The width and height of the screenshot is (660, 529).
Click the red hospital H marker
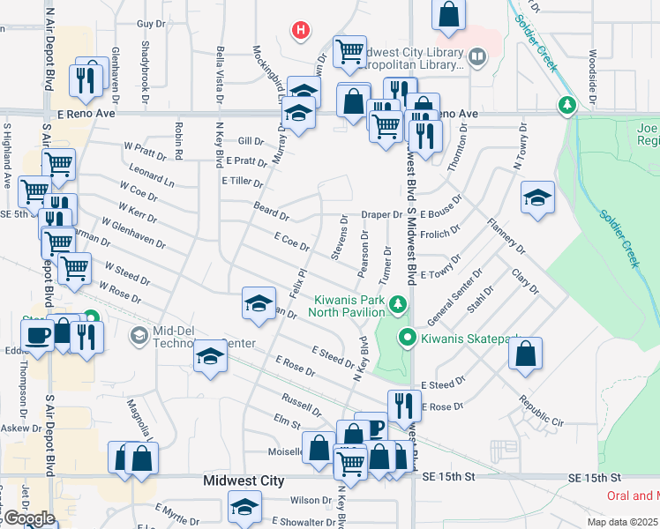[x=301, y=31]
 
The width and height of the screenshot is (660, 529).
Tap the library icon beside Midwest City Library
[x=477, y=58]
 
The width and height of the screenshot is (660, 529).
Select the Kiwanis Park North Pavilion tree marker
[x=398, y=304]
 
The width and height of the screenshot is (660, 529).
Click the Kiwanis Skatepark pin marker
[x=407, y=337]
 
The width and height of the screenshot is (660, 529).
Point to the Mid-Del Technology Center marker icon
[x=139, y=335]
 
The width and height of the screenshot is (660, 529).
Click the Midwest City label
[x=244, y=481]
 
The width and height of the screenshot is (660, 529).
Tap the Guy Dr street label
[x=152, y=24]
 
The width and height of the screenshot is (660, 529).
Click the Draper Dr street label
[x=382, y=215]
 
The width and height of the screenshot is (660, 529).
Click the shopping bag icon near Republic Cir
[x=525, y=354]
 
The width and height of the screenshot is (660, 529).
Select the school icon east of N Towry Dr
[x=537, y=198]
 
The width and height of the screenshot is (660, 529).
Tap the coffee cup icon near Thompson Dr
[x=37, y=335]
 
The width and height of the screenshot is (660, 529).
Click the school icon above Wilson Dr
[x=244, y=506]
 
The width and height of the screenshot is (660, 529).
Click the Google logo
[x=28, y=518]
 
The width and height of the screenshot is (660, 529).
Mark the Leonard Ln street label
[x=151, y=172]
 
